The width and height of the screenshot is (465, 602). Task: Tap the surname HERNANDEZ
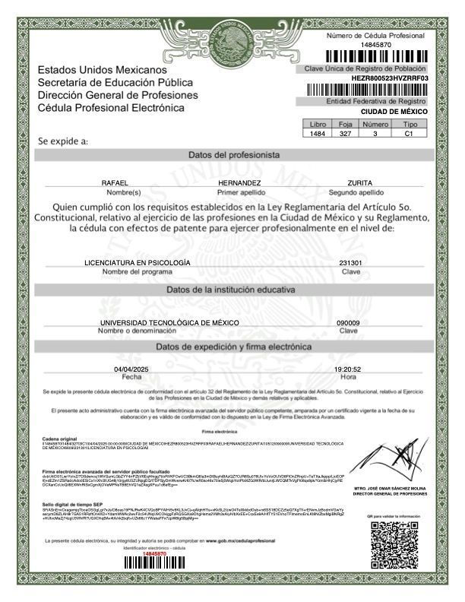click(239, 183)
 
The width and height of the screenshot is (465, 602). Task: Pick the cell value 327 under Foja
click(345, 133)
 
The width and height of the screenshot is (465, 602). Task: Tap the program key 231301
click(350, 262)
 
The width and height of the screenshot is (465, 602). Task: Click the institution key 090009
click(348, 323)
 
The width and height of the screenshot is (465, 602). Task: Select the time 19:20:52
click(349, 369)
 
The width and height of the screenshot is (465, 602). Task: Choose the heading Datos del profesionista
click(233, 154)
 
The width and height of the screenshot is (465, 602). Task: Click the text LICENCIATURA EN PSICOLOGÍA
click(137, 262)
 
